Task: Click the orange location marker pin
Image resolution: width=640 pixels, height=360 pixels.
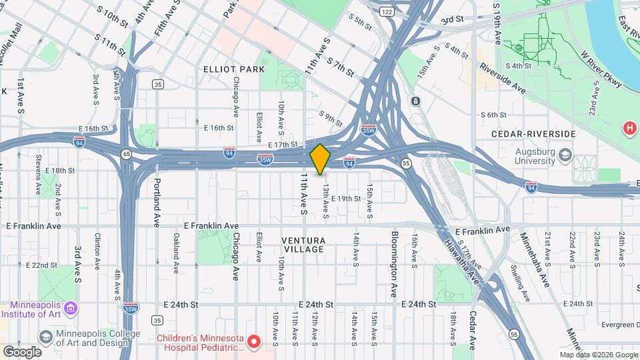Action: click(x=320, y=159)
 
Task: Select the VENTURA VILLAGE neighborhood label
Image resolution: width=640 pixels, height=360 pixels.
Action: click(x=303, y=245)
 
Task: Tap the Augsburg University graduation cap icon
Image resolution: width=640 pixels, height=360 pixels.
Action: click(x=565, y=155)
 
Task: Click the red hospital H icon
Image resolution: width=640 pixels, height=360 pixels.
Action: click(x=629, y=127)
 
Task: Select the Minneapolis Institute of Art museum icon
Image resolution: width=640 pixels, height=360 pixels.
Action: click(x=72, y=307)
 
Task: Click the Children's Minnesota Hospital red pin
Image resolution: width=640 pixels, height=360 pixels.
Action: click(x=254, y=342)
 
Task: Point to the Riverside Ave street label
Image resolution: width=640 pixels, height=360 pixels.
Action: click(x=503, y=80)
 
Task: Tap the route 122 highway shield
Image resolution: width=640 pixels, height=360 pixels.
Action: click(x=387, y=12)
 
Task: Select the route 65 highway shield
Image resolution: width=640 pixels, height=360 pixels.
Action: click(x=126, y=154)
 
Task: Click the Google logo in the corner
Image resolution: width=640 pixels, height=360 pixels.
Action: click(x=22, y=351)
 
